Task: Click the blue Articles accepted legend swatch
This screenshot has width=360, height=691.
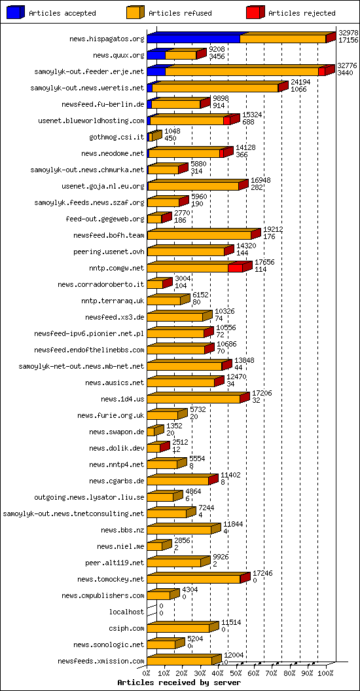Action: point(16,12)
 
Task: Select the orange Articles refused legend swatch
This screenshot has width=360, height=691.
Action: point(135,12)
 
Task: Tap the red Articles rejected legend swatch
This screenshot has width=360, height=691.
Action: point(255,12)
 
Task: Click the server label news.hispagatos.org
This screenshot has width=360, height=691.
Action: point(107,39)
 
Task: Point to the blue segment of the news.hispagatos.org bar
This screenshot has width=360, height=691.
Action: point(193,39)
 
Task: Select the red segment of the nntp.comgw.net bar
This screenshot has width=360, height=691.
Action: point(236,268)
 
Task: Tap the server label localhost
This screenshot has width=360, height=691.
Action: point(126,612)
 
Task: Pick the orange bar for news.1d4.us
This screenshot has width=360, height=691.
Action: point(193,399)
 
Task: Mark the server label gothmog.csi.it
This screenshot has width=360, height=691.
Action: point(117,137)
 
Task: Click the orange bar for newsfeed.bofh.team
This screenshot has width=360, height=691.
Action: point(199,235)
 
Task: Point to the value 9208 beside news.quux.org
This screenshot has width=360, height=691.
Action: point(217,49)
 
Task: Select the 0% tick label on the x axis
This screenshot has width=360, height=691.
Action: point(147,672)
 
